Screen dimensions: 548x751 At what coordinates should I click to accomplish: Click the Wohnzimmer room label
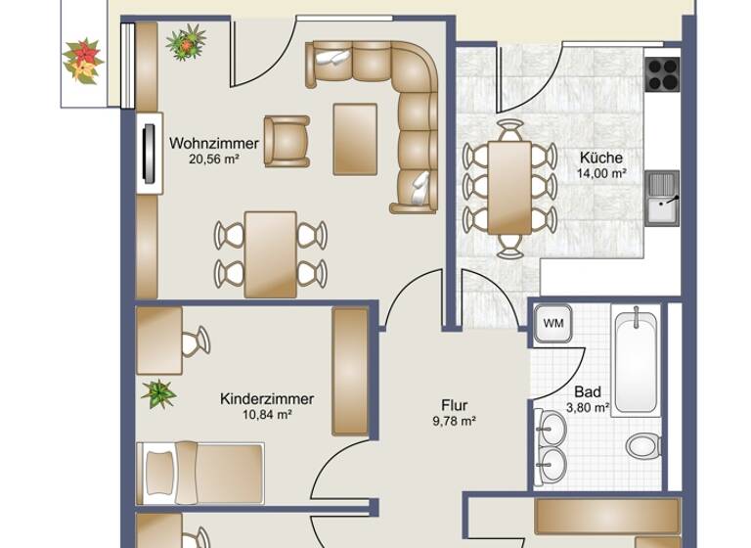[x=214, y=144]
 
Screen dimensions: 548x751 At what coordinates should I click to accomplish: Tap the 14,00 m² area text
[x=601, y=172]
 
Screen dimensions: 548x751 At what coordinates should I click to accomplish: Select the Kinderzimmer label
[x=267, y=399]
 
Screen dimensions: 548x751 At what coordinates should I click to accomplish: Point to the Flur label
[x=454, y=405]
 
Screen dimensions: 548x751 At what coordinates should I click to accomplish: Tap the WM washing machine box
[x=553, y=323]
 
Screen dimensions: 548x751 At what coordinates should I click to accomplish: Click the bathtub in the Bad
[x=637, y=359]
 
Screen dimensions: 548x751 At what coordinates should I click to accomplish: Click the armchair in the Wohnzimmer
[x=287, y=141]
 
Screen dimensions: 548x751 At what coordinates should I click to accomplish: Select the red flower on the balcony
[x=83, y=59]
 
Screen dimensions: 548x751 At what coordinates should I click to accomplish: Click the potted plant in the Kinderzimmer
[x=157, y=394]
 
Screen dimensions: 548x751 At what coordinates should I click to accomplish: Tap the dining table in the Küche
[x=509, y=187]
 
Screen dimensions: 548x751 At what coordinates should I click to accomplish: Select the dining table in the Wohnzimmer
[x=270, y=252]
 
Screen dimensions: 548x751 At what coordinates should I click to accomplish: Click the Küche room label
[x=600, y=158]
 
